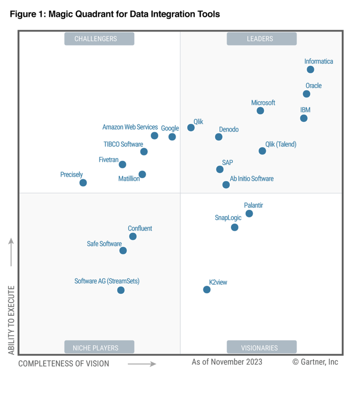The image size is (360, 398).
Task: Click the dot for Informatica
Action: click(311, 70)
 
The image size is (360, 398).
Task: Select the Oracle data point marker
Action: click(307, 94)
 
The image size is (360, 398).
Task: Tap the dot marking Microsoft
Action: click(260, 110)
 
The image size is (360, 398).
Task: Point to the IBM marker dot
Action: click(304, 118)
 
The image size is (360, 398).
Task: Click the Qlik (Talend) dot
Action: click(262, 151)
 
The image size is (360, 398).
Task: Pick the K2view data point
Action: click(206, 289)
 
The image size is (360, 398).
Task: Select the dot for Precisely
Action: click(83, 182)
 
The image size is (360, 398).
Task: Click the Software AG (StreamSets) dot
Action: click(121, 290)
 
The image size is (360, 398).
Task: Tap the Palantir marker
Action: click(249, 214)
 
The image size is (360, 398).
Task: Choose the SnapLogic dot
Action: click(235, 227)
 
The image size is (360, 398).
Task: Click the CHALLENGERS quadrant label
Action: click(99, 39)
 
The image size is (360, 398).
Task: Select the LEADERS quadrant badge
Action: click(262, 39)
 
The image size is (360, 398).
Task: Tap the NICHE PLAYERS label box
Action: click(99, 348)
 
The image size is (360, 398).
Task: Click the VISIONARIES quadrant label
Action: click(262, 348)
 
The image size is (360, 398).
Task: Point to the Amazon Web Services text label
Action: click(130, 127)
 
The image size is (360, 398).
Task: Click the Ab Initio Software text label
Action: click(252, 179)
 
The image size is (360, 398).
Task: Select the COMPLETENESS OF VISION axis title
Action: click(64, 363)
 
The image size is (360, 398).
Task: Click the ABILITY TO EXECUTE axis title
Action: click(12, 320)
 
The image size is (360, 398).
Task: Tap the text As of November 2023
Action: click(227, 362)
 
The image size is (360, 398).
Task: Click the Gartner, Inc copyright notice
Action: click(315, 362)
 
